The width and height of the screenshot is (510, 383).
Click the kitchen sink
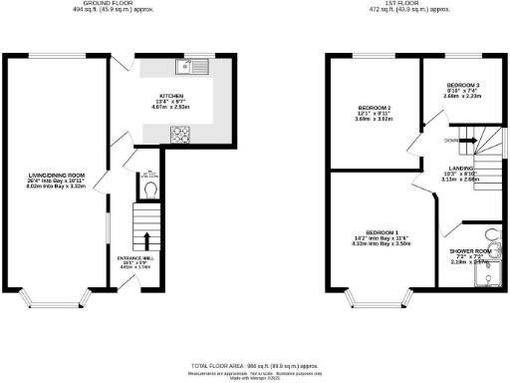pos(186,68)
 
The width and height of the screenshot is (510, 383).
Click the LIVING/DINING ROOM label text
pos(56,179)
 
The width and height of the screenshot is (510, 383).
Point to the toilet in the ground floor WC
pos(150,187)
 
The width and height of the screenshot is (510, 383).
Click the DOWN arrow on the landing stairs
pos(468,141)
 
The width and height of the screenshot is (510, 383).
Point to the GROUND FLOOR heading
pos(110,4)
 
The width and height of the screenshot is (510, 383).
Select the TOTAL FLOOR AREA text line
pos(255,367)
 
